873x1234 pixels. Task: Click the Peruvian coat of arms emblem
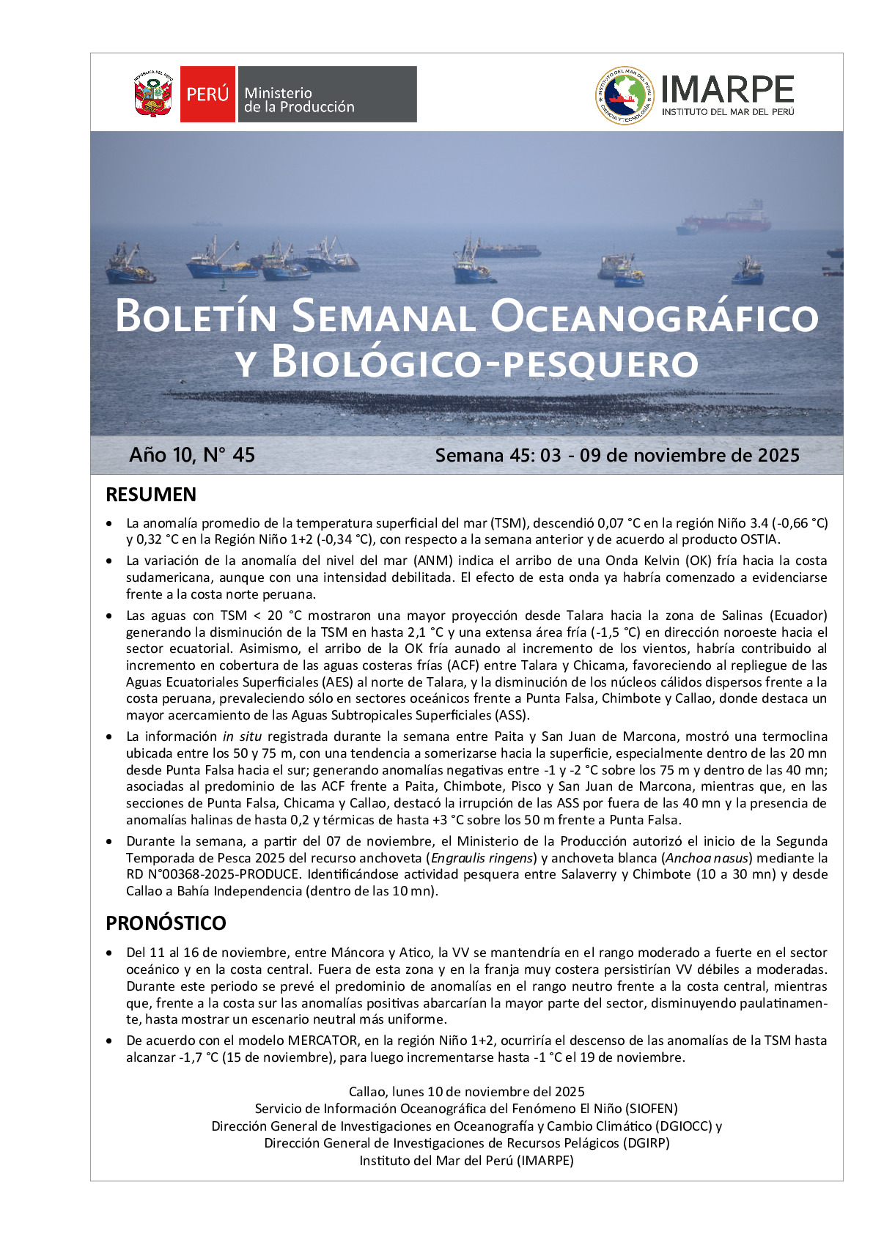point(152,94)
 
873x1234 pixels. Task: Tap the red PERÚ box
point(207,94)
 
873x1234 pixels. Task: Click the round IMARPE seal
point(624,95)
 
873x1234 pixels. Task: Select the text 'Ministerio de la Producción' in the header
point(299,100)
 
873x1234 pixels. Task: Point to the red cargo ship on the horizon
point(727,219)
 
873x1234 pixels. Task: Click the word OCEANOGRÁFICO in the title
point(654,317)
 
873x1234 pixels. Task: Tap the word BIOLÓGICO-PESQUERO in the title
point(485,363)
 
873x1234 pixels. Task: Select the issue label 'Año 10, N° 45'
point(192,455)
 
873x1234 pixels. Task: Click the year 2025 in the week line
point(778,455)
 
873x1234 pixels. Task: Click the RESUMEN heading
point(151,495)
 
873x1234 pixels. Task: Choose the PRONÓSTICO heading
point(166,923)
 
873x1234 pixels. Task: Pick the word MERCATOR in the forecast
point(322,1041)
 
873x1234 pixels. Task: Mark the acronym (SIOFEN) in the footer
point(652,1109)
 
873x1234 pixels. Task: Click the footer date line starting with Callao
point(466,1092)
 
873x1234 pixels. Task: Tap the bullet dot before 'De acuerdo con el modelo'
point(109,1041)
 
